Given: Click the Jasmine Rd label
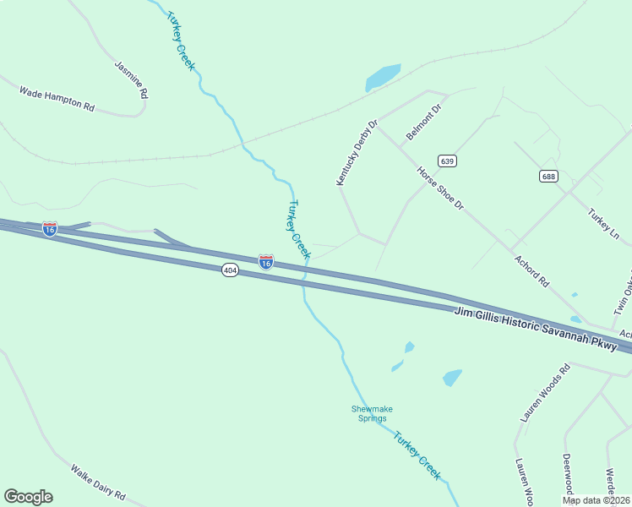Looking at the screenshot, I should [x=131, y=79].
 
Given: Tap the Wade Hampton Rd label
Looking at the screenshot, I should [x=57, y=99].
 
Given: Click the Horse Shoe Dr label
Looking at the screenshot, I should [x=440, y=188].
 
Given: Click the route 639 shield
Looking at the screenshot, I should [x=447, y=161].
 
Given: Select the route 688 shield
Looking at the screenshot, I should [x=549, y=176].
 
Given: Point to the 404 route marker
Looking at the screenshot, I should [x=231, y=270].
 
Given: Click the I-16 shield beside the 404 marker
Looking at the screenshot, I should [x=265, y=262].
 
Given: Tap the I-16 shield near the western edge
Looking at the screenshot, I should [x=50, y=229].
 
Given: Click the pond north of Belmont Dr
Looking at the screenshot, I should [x=383, y=78].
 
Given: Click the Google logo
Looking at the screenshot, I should [x=28, y=497].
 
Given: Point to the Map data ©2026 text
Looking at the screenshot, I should [x=596, y=500].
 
